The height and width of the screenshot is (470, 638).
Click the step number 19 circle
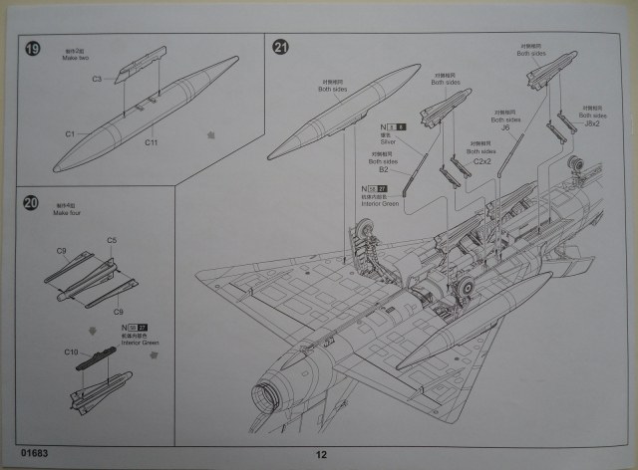(x=34, y=49)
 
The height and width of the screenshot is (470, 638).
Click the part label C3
(x=98, y=79)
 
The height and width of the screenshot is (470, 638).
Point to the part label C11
(x=151, y=143)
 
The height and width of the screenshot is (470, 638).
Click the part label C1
(x=71, y=133)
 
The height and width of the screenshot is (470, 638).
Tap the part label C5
(x=112, y=241)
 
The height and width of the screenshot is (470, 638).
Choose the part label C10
(x=71, y=352)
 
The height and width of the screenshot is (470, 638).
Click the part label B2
(x=382, y=170)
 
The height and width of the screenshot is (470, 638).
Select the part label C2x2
(x=484, y=160)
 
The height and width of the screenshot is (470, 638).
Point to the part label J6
(x=505, y=127)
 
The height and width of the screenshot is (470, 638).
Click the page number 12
(x=321, y=455)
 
